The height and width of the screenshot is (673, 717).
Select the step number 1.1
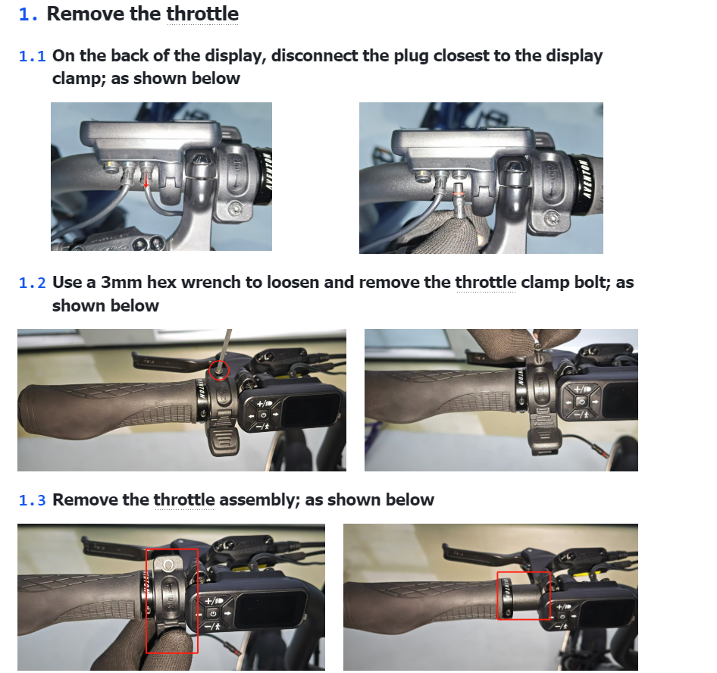click(32, 56)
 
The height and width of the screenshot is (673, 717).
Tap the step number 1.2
click(32, 283)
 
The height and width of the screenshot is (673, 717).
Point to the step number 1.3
click(32, 500)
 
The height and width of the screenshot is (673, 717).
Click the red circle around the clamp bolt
click(218, 370)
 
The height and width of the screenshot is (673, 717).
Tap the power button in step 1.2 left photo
click(262, 415)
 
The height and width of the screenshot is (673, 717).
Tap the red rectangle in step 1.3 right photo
click(524, 596)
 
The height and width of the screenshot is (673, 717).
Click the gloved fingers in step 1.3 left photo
click(167, 637)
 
